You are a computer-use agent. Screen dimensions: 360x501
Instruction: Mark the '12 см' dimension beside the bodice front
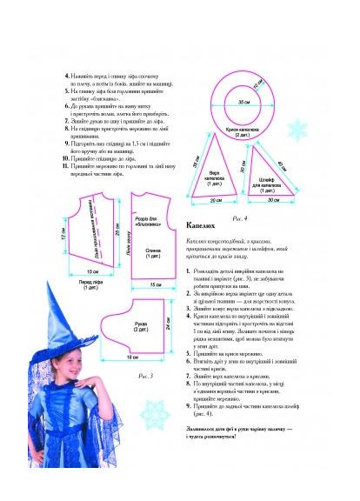pos(63,235)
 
